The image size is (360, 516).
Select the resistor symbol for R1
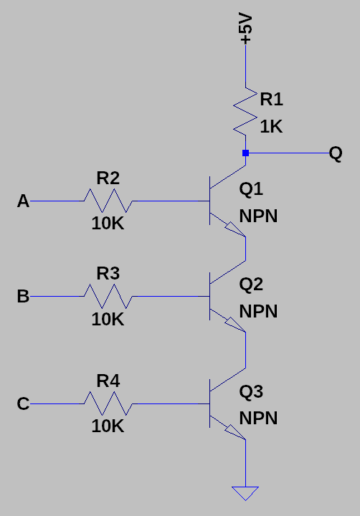(245, 110)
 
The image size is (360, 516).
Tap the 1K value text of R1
(271, 127)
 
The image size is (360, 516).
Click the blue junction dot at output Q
(245, 153)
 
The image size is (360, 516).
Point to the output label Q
(336, 153)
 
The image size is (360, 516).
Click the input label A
(23, 202)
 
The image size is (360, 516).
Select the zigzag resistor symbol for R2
(108, 201)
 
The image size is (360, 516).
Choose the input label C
(23, 404)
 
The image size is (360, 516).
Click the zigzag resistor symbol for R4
(108, 403)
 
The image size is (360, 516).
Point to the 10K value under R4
(108, 426)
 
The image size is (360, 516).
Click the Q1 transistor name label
(251, 189)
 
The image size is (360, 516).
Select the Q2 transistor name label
(251, 285)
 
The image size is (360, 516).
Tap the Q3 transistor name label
(251, 391)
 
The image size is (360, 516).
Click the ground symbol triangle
(245, 493)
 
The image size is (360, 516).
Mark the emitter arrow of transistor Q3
(234, 431)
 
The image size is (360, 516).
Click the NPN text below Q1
(258, 216)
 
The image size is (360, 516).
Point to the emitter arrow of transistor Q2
(234, 324)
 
